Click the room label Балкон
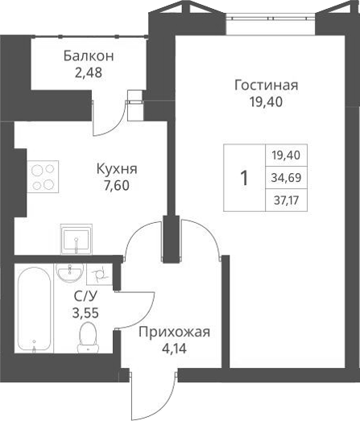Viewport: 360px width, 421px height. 89,56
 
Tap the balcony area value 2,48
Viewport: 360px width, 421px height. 89,72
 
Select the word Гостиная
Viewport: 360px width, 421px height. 267,85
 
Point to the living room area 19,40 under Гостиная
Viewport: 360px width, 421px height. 267,101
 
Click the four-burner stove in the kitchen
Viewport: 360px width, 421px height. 44,176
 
